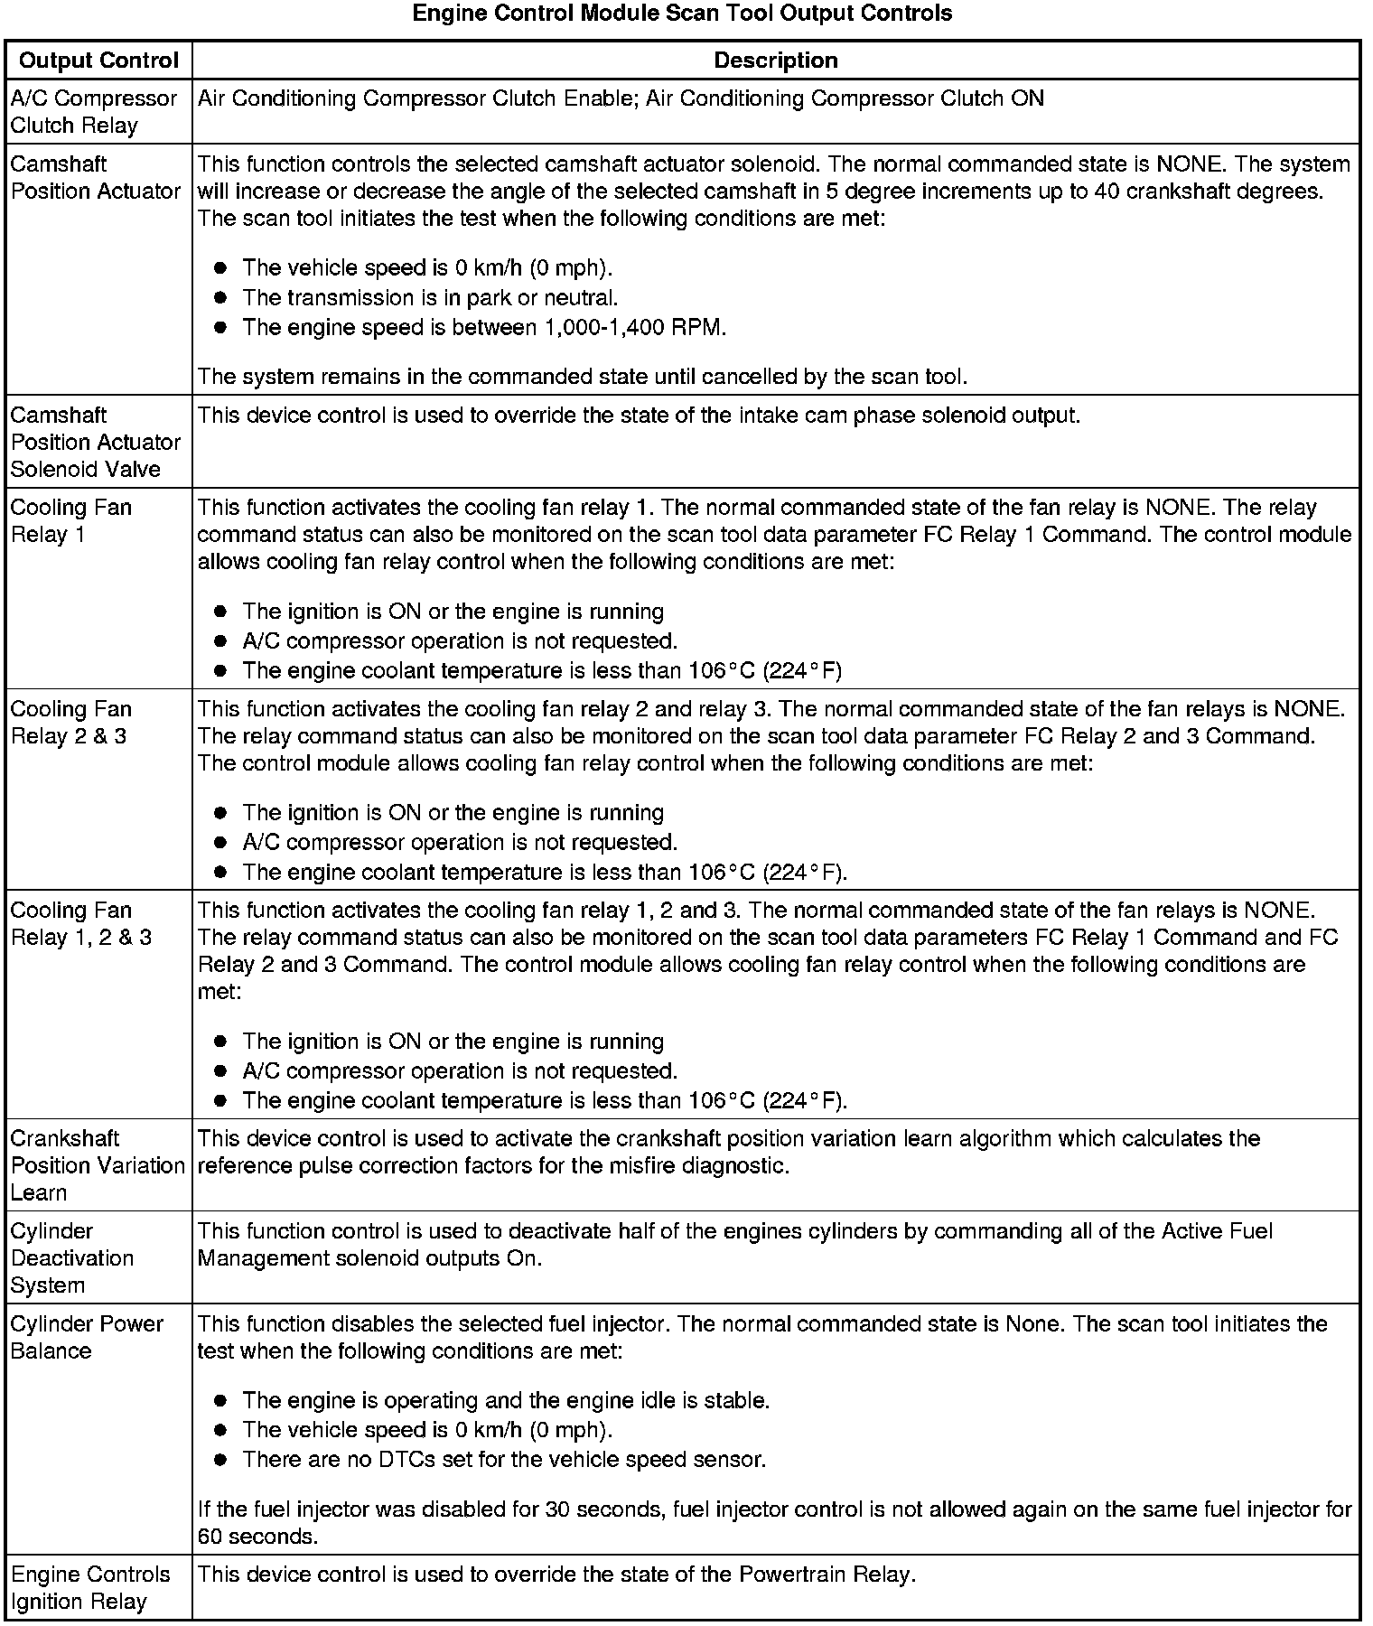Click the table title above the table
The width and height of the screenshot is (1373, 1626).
click(x=682, y=14)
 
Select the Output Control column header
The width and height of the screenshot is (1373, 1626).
click(x=98, y=61)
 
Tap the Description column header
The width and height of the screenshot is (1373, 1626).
click(x=775, y=61)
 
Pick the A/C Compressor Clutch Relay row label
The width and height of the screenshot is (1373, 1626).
click(x=94, y=112)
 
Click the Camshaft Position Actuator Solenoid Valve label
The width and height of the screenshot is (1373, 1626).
click(x=96, y=442)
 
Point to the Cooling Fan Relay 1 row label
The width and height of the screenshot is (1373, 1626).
click(x=71, y=521)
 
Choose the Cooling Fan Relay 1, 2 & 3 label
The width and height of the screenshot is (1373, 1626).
click(x=81, y=924)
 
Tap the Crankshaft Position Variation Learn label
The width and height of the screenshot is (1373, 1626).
click(x=98, y=1165)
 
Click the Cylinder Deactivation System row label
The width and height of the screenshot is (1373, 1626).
click(x=72, y=1257)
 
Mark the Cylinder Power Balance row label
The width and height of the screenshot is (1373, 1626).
click(x=87, y=1337)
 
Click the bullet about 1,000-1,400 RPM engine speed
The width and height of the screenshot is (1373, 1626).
click(x=483, y=327)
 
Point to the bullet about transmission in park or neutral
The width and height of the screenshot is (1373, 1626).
click(x=430, y=297)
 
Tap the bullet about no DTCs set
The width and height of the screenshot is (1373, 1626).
click(x=503, y=1459)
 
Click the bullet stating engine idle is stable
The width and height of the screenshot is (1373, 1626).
click(x=505, y=1400)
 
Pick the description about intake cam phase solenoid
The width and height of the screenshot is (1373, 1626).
click(x=639, y=416)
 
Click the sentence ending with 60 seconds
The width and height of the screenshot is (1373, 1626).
click(x=774, y=1522)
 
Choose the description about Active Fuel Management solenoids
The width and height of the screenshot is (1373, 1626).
click(x=734, y=1244)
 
